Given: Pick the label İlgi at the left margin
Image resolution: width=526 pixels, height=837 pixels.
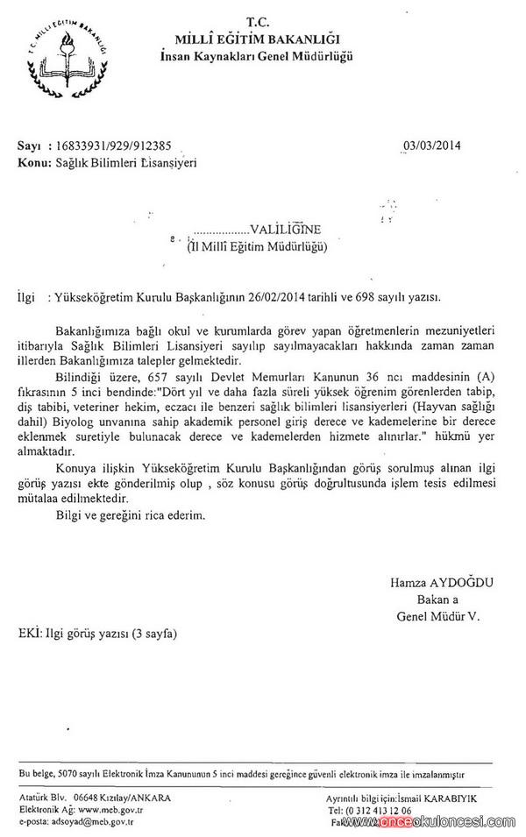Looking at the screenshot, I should [26, 298].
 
